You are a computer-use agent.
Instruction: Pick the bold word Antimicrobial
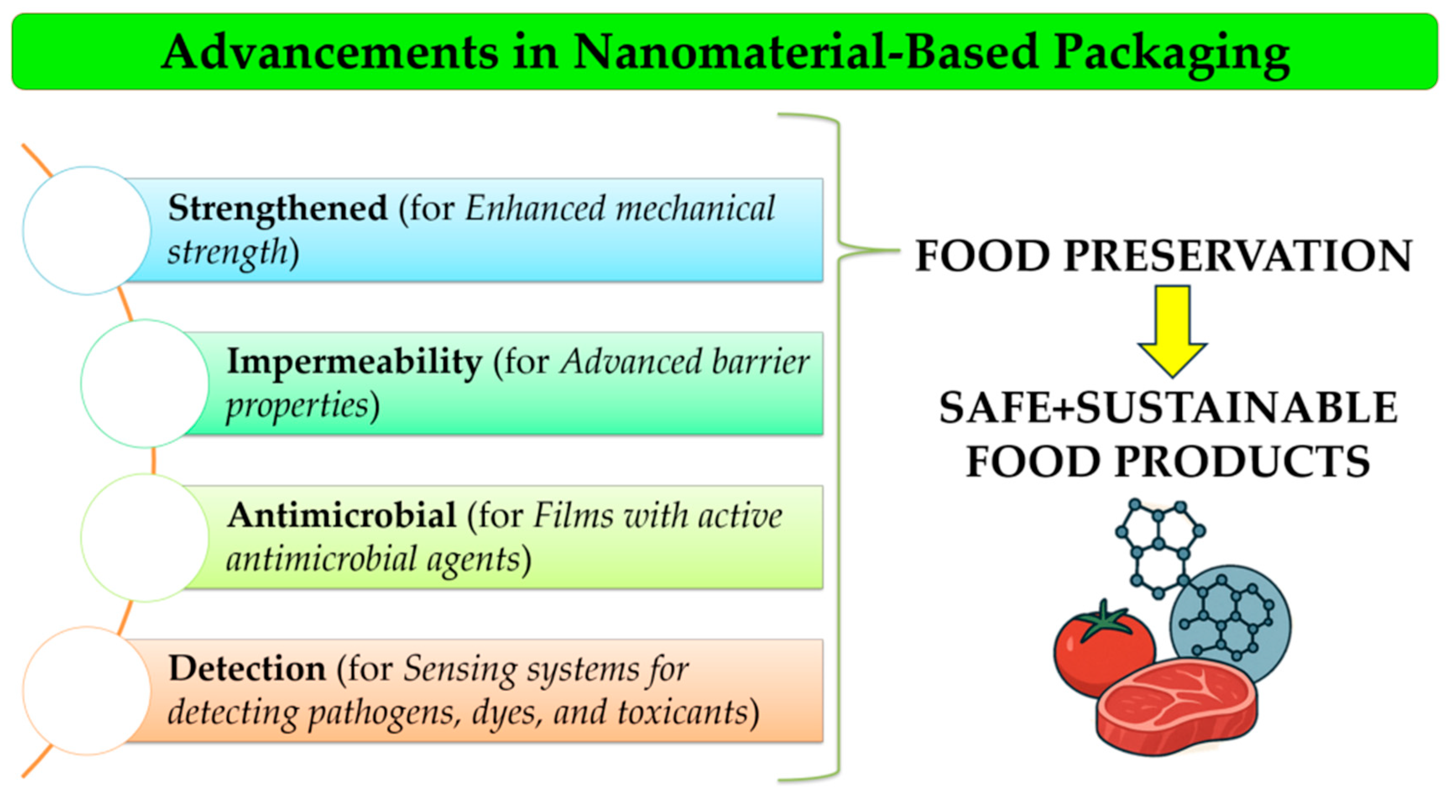341,515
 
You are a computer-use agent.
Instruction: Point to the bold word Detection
247,669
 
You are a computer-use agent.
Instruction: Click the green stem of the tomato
1105,619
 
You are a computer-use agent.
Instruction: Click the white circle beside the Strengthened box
87,230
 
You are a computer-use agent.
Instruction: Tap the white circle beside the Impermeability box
145,383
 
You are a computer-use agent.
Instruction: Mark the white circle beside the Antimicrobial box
145,538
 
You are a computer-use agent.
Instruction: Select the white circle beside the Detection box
87,691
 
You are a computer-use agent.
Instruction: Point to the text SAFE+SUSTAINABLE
1168,408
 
